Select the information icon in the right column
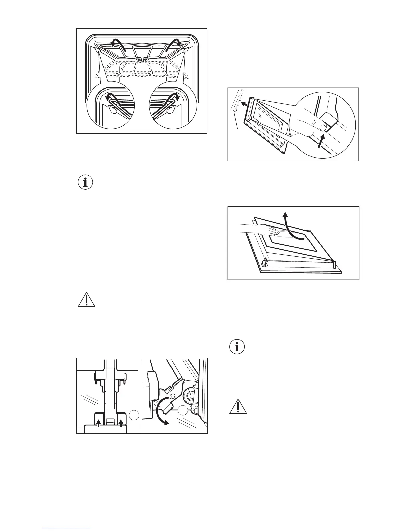(x=237, y=347)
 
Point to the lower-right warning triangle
(x=238, y=406)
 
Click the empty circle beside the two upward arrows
(x=133, y=415)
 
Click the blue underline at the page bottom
(x=66, y=528)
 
